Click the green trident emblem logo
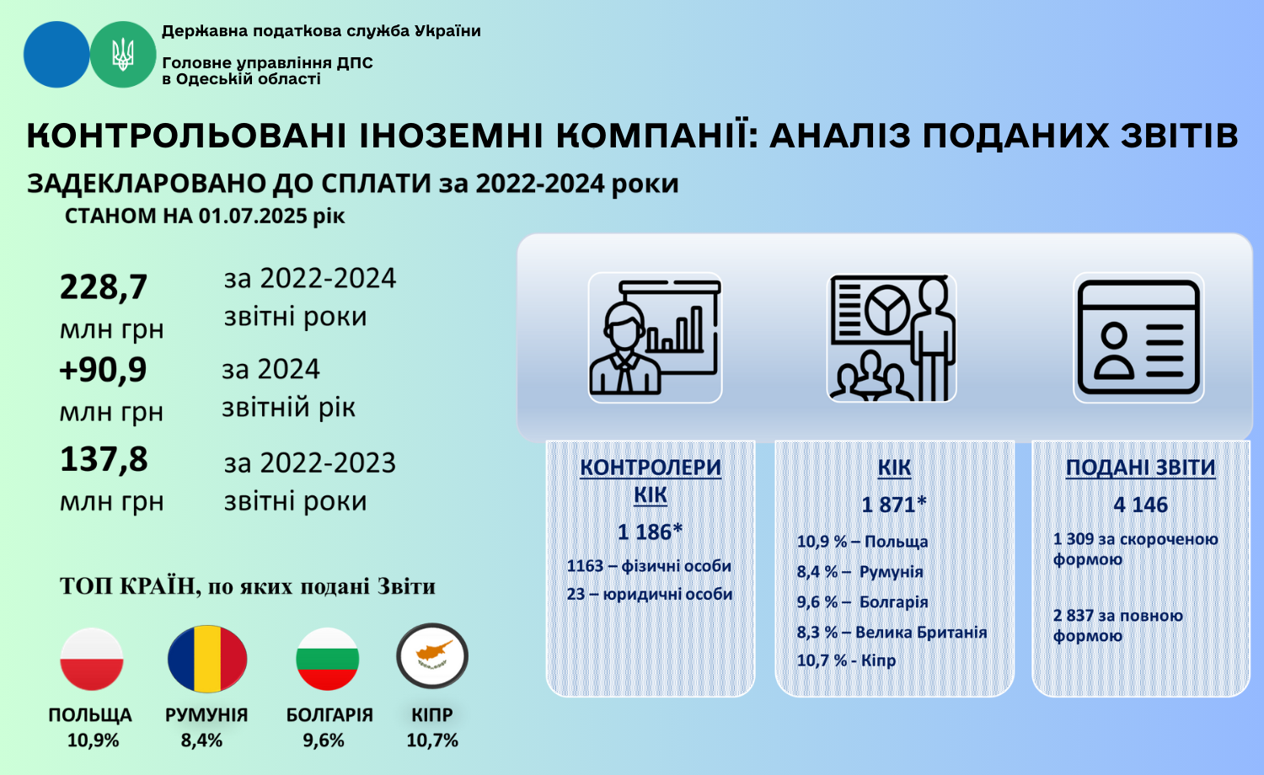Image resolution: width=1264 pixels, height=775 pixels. (123, 54)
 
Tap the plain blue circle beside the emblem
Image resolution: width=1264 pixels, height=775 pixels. (56, 54)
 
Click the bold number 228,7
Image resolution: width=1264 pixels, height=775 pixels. (104, 287)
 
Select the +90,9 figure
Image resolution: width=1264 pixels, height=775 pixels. (103, 370)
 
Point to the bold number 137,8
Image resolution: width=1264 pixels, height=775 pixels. (104, 459)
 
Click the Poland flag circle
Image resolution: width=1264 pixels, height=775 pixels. (91, 659)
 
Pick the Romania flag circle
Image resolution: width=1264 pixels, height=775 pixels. (207, 658)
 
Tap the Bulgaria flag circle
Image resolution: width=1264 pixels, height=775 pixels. (327, 659)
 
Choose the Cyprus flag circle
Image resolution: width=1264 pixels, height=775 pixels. (432, 656)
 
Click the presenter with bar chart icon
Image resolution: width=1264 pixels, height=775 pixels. (655, 337)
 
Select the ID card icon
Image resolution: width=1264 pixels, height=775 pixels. (1138, 337)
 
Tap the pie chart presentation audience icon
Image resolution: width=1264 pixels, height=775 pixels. (892, 337)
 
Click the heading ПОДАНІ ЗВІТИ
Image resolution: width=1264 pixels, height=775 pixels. (1140, 468)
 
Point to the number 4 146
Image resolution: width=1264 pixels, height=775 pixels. (1140, 505)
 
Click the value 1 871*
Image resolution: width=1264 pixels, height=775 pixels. (894, 505)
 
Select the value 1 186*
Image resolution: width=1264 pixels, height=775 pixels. (650, 532)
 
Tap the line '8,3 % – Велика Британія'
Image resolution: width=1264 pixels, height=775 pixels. (892, 633)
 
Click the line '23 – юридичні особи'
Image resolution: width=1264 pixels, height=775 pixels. (650, 594)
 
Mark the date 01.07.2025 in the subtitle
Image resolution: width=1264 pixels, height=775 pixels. (254, 216)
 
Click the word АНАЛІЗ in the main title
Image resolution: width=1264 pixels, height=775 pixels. (840, 136)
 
